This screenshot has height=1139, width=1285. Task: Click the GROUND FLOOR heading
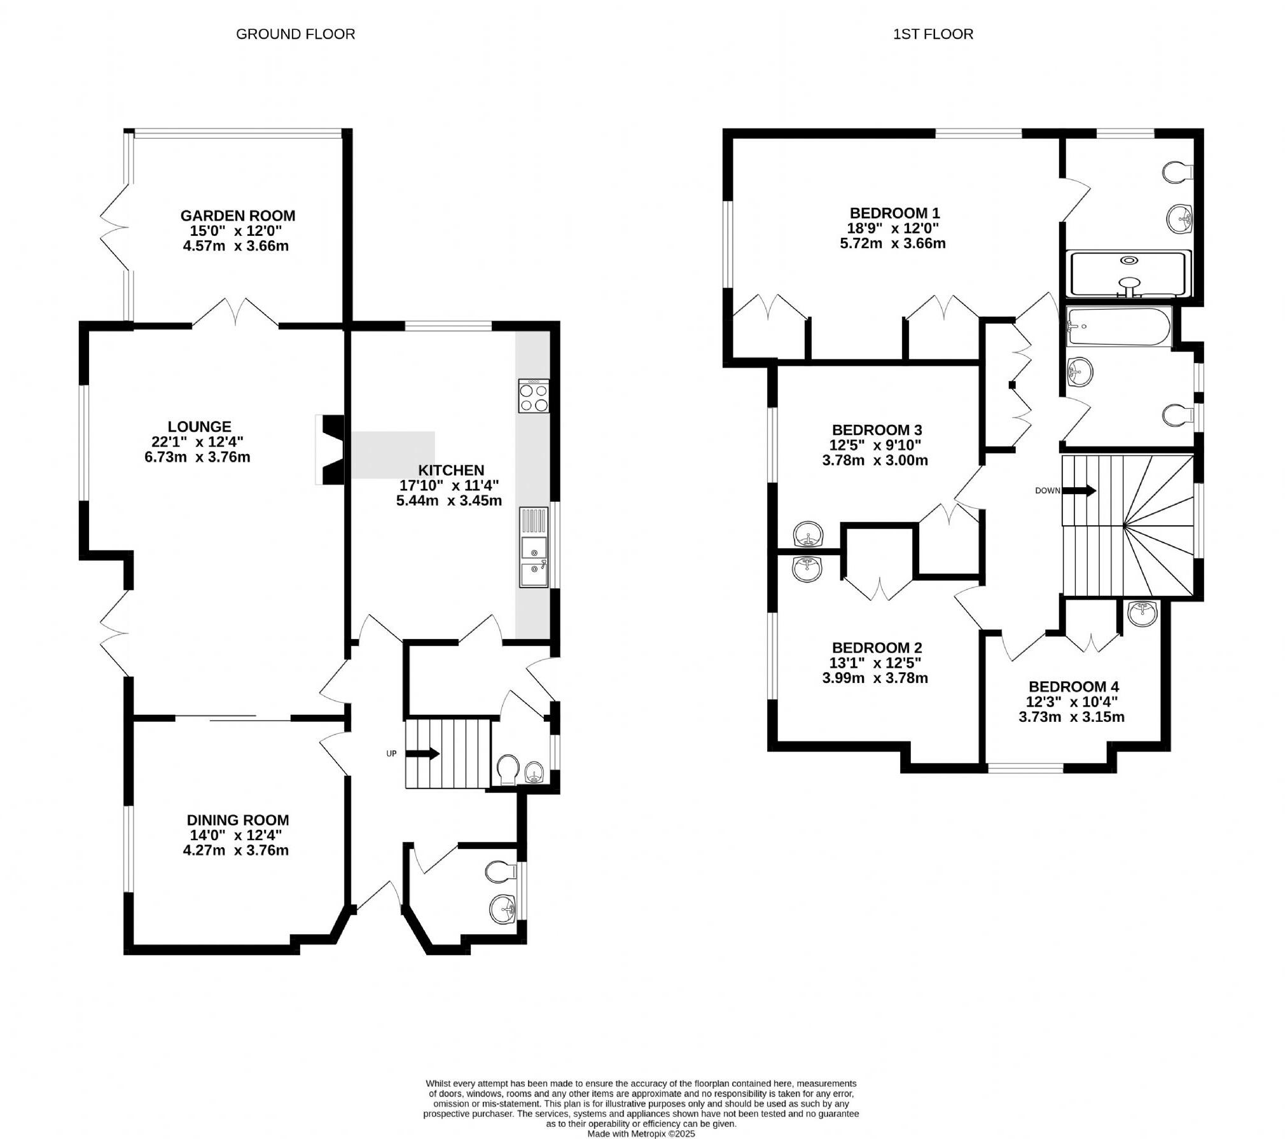click(295, 34)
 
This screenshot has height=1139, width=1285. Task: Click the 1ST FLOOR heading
click(933, 34)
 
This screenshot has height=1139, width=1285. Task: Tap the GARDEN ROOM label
click(237, 216)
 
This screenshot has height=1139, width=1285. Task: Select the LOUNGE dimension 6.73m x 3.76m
click(197, 457)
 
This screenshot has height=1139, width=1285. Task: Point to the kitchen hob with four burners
click(534, 396)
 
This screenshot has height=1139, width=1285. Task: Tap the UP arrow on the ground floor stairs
click(422, 754)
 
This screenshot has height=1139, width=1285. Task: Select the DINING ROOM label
click(237, 820)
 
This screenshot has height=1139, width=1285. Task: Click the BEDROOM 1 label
click(894, 213)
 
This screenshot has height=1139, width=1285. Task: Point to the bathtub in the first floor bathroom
click(1119, 327)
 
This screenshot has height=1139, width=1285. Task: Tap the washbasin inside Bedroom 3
click(808, 534)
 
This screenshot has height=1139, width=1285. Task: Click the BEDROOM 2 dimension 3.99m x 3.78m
click(875, 678)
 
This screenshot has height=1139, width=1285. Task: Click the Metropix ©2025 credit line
click(641, 1133)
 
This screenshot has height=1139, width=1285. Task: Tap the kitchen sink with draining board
click(533, 547)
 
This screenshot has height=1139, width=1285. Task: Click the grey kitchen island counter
click(392, 454)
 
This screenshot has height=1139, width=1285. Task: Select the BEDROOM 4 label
click(1073, 687)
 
